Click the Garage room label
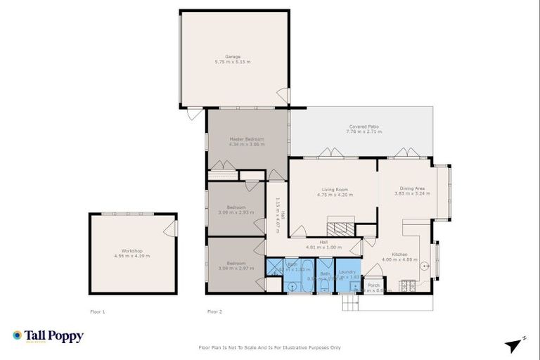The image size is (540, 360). pos(233,56)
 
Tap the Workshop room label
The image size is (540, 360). pos(132,251)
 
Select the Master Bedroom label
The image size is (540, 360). pos(247,139)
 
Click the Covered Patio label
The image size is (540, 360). pos(364,127)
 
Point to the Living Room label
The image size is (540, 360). pos(335,189)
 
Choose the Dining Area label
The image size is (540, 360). pos(411,188)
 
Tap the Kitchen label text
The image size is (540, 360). pos(399,255)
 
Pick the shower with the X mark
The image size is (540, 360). pos(274,266)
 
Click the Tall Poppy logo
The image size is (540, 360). pos(48,336)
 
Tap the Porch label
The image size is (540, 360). pos(373,285)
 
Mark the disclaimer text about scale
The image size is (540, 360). pos(270,347)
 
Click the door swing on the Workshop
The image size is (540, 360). pos(169,229)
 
